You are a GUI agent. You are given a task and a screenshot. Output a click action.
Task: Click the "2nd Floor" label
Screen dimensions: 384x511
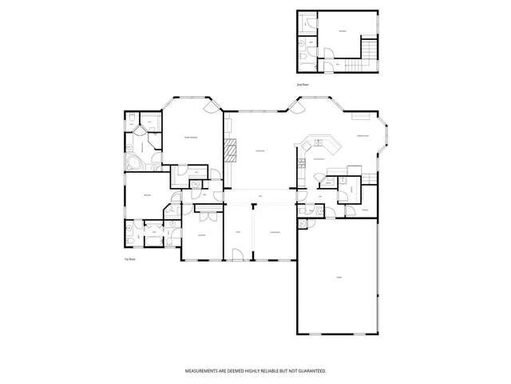click(x=301, y=84)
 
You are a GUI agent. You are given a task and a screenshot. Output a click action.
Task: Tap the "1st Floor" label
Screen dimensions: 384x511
click(x=129, y=260)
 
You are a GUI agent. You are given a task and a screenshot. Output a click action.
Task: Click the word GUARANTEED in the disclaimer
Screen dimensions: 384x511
click(x=311, y=372)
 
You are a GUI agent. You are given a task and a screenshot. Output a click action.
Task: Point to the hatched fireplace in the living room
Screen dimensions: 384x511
click(x=231, y=150)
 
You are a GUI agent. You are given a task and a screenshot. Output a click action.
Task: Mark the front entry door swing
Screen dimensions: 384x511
click(x=237, y=254)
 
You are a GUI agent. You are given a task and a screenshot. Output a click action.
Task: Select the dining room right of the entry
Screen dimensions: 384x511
click(x=274, y=232)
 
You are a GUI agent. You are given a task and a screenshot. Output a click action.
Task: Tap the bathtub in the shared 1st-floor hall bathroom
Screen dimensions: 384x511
click(x=152, y=239)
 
